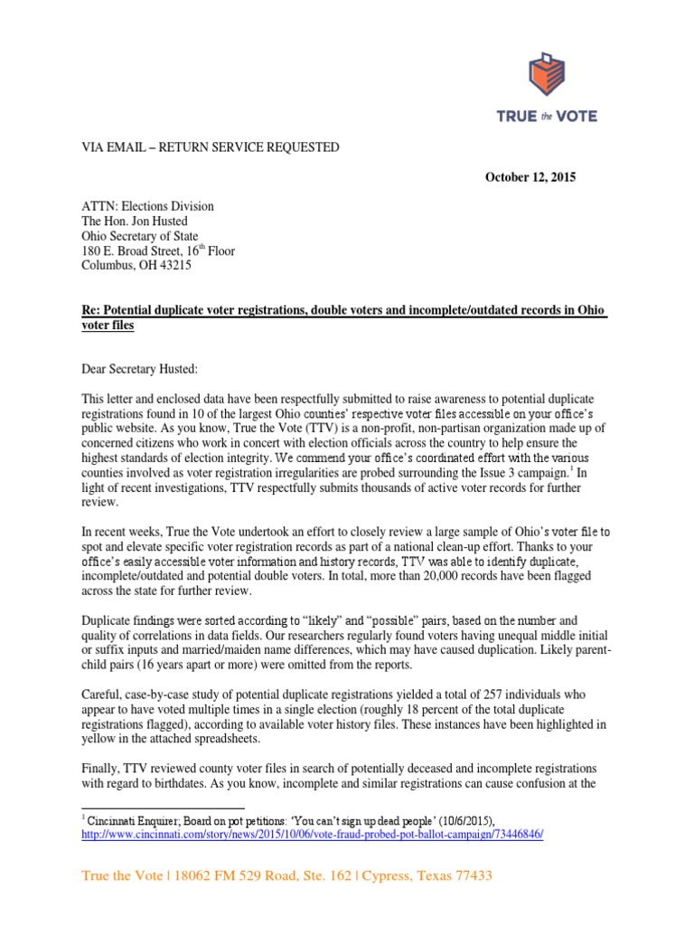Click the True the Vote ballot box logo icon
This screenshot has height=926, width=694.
(x=546, y=75)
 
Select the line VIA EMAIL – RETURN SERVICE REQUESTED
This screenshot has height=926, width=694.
(x=211, y=146)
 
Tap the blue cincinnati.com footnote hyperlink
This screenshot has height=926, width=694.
(x=313, y=833)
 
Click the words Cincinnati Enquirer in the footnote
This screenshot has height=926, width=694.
(x=128, y=818)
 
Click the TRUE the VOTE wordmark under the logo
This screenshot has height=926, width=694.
(x=548, y=116)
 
